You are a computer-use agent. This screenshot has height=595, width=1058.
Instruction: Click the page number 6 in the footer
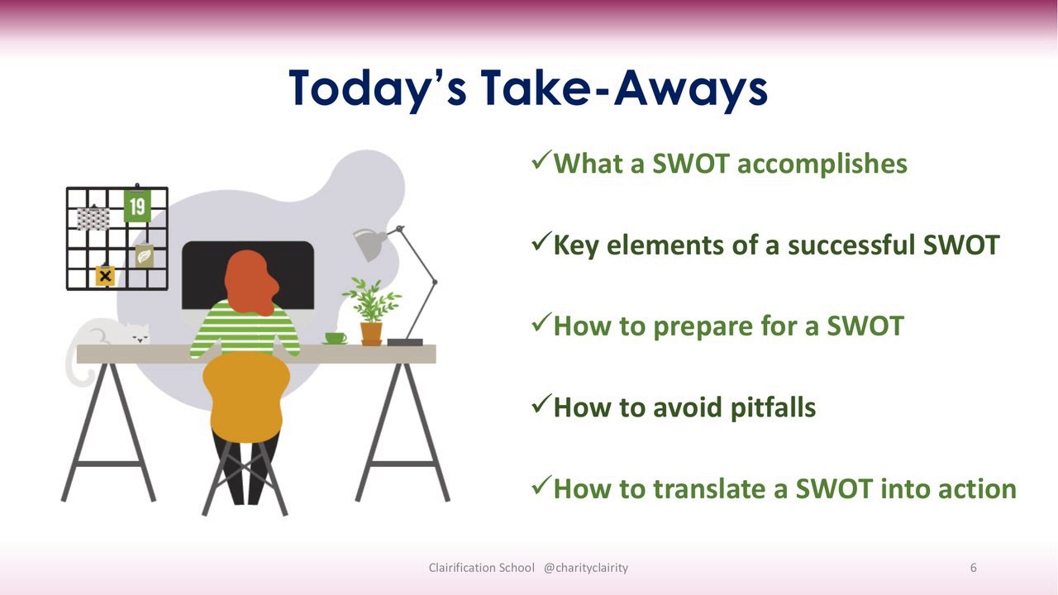coord(973,568)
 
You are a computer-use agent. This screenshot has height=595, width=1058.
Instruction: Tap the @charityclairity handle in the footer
coord(585,568)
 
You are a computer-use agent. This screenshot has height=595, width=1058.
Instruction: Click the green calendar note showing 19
coord(137,206)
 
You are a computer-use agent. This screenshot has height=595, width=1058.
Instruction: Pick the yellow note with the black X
coord(105,276)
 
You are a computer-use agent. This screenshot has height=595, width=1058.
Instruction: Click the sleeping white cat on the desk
coord(116,335)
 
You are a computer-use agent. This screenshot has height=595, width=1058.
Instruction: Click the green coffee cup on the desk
coord(335,337)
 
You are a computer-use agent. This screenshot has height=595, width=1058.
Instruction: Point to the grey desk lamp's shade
coord(368,244)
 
